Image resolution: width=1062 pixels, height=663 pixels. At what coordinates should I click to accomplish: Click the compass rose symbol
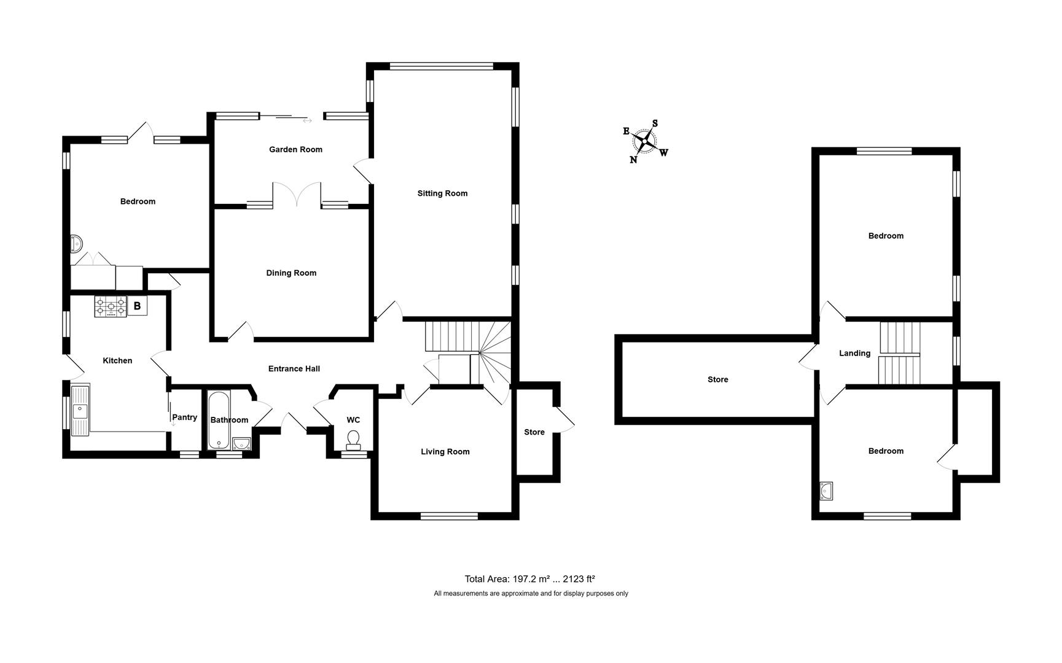[644, 142]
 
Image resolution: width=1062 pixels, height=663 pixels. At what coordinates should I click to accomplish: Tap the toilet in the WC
[353, 438]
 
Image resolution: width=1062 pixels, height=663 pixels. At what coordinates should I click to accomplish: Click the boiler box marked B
[137, 306]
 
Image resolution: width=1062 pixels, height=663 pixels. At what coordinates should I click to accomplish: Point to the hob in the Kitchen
[111, 306]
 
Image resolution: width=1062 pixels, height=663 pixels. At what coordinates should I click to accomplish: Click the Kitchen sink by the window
[80, 409]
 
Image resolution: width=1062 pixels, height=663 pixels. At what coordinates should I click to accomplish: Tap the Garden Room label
[295, 149]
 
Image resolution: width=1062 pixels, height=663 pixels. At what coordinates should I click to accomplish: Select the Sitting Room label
[442, 193]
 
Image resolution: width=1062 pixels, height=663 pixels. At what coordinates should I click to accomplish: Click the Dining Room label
[291, 273]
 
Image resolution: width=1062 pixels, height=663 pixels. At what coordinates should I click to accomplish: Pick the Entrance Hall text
[294, 369]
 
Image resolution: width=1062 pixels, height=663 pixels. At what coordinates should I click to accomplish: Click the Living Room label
[445, 452]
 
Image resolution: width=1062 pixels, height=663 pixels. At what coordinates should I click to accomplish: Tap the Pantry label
[184, 417]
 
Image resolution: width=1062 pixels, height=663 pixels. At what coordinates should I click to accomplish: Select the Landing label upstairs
[854, 354]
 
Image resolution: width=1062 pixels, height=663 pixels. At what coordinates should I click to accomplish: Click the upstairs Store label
[717, 380]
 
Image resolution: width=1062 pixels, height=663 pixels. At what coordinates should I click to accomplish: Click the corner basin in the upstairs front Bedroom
[827, 490]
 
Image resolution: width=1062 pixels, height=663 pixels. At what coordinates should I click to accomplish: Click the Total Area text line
[529, 579]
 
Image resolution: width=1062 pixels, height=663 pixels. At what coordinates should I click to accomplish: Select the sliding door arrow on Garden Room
[307, 120]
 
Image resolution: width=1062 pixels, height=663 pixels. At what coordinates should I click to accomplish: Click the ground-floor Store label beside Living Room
[534, 432]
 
